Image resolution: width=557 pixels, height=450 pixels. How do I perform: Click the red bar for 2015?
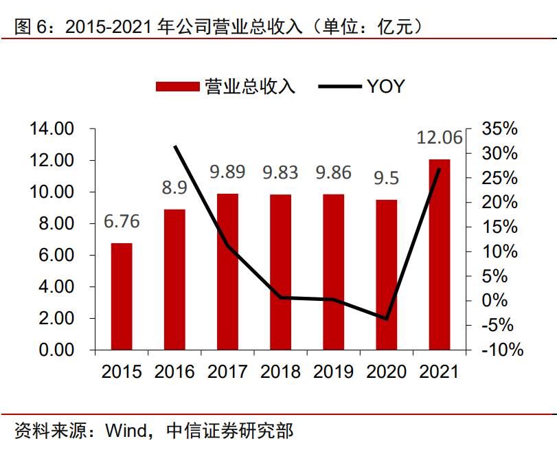pyautogui.click(x=122, y=296)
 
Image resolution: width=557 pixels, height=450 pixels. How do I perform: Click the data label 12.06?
pyautogui.click(x=440, y=137)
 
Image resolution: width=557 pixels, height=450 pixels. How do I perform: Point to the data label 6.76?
pyautogui.click(x=122, y=221)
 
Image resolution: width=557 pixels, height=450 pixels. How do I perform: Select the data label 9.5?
pyautogui.click(x=386, y=179)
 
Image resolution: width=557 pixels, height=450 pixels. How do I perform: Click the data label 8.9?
pyautogui.click(x=174, y=188)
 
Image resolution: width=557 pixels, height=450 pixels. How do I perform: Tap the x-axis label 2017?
pyautogui.click(x=227, y=372)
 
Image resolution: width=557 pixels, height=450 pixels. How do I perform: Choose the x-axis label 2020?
pyautogui.click(x=386, y=372)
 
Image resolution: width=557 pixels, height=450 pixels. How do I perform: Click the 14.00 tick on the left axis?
pyautogui.click(x=51, y=129)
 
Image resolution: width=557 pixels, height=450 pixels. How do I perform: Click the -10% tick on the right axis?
pyautogui.click(x=501, y=350)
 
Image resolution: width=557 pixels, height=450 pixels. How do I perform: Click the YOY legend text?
pyautogui.click(x=385, y=87)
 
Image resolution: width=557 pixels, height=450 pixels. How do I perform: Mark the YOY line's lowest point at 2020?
pyautogui.click(x=387, y=319)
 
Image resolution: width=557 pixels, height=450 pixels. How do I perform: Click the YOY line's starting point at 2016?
pyautogui.click(x=175, y=146)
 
